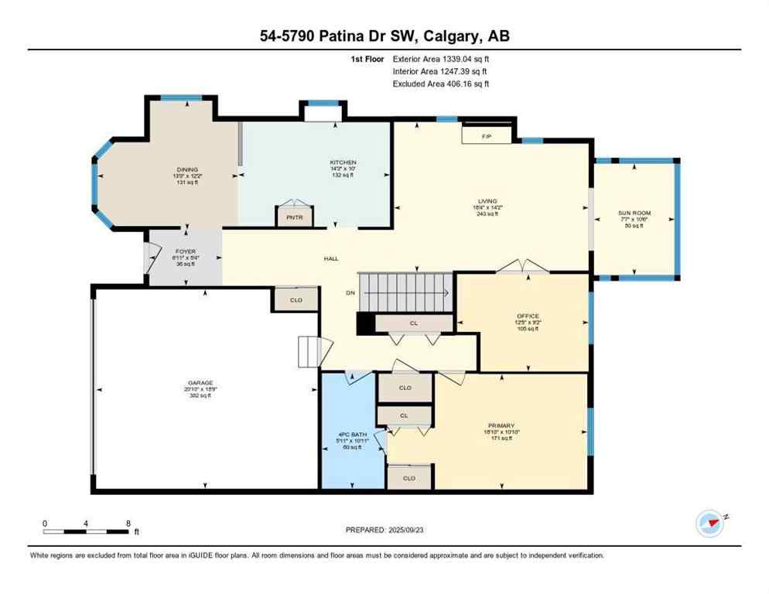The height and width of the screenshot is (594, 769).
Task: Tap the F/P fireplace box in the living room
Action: (487, 136)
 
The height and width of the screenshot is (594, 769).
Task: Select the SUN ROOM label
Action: (634, 213)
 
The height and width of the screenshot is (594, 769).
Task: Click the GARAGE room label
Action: (200, 383)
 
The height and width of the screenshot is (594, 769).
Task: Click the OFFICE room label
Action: (528, 316)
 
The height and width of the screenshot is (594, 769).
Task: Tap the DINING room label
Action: (186, 169)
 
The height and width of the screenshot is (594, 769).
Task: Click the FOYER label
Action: (184, 251)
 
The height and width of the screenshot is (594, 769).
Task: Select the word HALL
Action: (330, 259)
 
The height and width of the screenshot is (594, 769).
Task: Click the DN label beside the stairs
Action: (350, 293)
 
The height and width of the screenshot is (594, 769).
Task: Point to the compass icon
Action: (709, 523)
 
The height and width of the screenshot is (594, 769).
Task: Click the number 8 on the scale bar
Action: (127, 523)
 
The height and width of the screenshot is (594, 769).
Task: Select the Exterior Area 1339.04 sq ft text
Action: (441, 58)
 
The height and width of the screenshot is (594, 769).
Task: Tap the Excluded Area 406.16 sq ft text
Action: (441, 84)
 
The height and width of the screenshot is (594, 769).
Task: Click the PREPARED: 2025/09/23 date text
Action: (386, 531)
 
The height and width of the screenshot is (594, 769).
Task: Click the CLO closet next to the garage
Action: (296, 300)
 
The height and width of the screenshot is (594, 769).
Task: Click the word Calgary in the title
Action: (443, 36)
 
